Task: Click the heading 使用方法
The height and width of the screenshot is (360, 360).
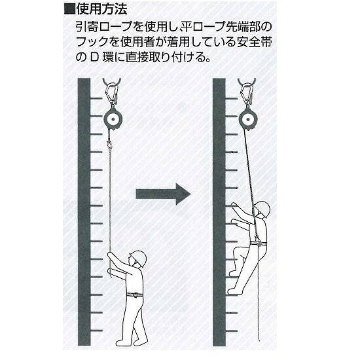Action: (x=101, y=10)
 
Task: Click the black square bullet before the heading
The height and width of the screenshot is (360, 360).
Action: (x=70, y=10)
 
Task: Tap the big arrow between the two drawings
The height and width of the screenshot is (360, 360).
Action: (x=163, y=194)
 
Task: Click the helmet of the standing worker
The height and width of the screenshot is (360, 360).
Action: (x=138, y=258)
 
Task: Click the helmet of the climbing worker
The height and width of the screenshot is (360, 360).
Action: (x=262, y=208)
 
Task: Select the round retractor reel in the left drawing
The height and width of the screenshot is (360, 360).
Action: (x=113, y=119)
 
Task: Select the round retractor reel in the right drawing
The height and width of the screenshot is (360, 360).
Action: (x=248, y=119)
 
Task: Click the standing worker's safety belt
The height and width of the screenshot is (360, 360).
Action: (x=135, y=295)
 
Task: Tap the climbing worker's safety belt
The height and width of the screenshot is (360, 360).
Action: (x=259, y=243)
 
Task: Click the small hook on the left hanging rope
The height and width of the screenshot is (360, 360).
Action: (x=110, y=145)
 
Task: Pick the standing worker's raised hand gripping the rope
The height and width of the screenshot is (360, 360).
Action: (x=111, y=255)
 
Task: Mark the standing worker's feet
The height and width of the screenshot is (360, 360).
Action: (x=131, y=342)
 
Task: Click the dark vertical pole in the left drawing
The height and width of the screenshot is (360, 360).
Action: (x=84, y=212)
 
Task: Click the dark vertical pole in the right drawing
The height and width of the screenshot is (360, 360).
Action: (x=219, y=212)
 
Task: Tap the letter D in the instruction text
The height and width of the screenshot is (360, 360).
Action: (x=94, y=58)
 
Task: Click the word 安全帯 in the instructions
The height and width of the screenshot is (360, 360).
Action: (x=254, y=43)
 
